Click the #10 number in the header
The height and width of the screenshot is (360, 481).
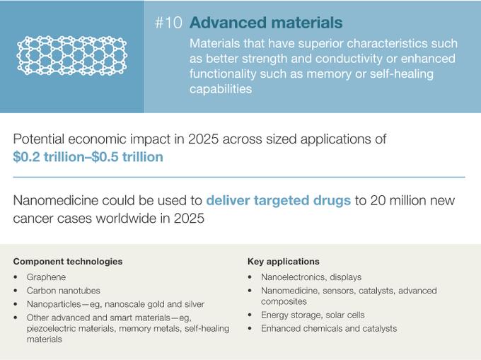[x=169, y=23]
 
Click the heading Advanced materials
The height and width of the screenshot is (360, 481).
[x=266, y=23]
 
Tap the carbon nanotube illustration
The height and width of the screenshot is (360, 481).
[x=71, y=56]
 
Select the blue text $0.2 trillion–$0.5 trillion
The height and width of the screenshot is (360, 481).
[x=88, y=157]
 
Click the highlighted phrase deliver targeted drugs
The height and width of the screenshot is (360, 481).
[x=279, y=200]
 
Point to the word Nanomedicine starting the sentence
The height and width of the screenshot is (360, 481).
[x=56, y=200]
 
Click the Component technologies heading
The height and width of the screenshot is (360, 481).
[x=68, y=261]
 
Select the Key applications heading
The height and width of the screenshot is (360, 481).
[x=284, y=261]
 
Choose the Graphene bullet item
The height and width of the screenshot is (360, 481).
[x=46, y=277]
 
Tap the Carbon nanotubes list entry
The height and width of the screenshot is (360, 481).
[x=64, y=291]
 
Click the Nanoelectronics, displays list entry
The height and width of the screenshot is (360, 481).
[x=311, y=277]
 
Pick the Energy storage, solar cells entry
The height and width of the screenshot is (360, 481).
[x=313, y=315]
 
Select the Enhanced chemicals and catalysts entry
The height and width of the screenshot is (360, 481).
[x=329, y=328]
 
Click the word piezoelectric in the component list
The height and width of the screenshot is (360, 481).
[x=52, y=328]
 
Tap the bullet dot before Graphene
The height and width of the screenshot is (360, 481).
[x=16, y=277]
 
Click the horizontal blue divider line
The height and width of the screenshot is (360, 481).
[x=239, y=177]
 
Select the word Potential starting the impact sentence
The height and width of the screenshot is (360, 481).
[x=39, y=139]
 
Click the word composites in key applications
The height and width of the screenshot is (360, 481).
[x=284, y=301]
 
